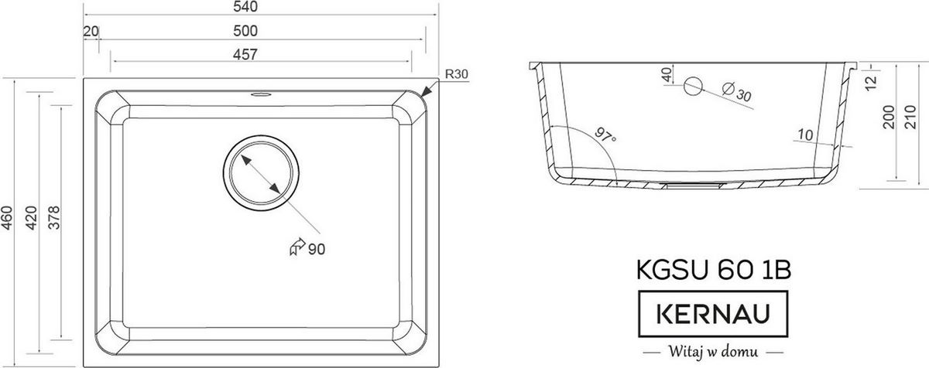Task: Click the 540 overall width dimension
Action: click(245, 7)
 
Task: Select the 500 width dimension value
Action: click(245, 31)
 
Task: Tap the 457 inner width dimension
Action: click(245, 55)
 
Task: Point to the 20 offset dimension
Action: click(91, 32)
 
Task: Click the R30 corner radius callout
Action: click(456, 74)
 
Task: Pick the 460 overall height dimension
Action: click(8, 218)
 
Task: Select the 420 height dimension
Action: click(32, 218)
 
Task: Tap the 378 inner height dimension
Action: click(54, 218)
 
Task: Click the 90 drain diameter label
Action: click(317, 249)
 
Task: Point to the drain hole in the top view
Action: click(261, 173)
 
